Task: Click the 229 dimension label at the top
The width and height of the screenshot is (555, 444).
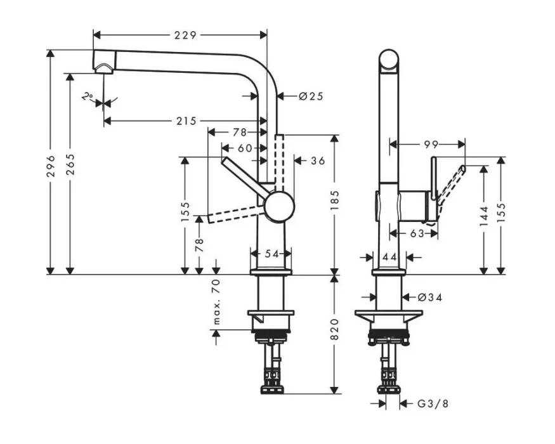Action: pos(185,35)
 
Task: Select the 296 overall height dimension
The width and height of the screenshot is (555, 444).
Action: pos(51,166)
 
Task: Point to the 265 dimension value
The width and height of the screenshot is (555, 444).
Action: pos(70,164)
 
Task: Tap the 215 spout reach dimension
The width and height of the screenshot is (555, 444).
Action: pos(186,121)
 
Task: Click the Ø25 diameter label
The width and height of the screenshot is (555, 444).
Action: pos(311,96)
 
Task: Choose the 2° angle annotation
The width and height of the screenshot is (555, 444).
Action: pos(87,96)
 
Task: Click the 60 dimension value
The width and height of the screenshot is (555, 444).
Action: pos(245,148)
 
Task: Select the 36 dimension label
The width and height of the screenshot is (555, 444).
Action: pos(318,160)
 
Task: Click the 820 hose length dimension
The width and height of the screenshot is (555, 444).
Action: pos(334,329)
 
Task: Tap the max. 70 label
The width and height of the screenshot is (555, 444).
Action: pos(217,302)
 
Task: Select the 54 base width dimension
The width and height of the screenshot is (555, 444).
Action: pos(272,254)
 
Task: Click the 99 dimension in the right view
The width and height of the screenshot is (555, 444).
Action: pos(431,145)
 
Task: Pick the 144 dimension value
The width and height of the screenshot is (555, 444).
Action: pos(484,216)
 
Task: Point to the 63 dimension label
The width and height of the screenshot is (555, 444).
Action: pos(417,233)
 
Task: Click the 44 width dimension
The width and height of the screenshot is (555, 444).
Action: pos(389,257)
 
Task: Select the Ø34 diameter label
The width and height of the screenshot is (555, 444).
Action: pos(429,297)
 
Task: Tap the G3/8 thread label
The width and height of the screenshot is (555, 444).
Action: pos(433,403)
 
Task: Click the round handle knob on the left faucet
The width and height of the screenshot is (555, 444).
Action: pos(280,207)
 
